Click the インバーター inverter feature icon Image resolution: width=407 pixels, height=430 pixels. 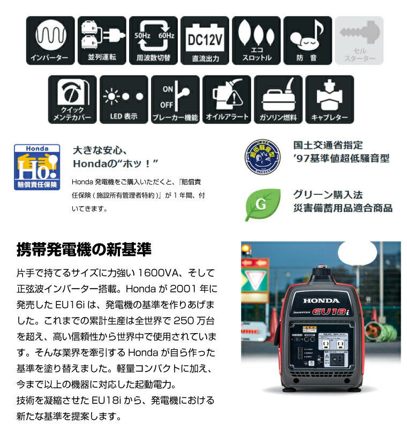[50, 40]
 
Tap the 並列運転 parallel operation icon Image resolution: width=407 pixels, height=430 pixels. [102, 40]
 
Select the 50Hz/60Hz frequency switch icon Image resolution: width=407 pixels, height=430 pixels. [153, 40]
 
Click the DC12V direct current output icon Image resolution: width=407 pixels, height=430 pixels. [205, 40]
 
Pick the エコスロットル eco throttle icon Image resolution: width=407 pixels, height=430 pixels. [256, 40]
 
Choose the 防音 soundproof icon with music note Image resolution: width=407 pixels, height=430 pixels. [307, 40]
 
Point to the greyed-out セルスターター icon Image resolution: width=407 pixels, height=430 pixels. [359, 40]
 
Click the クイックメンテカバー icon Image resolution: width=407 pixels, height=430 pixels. [72, 99]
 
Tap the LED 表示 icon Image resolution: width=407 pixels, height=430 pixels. [124, 99]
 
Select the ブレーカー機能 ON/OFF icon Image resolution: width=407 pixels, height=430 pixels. [175, 99]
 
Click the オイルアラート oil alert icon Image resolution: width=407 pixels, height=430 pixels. [227, 99]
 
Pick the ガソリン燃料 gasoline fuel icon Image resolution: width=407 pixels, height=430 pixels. [278, 99]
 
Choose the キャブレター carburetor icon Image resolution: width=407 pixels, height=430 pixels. [329, 99]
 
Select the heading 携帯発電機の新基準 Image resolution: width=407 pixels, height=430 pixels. [84, 250]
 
